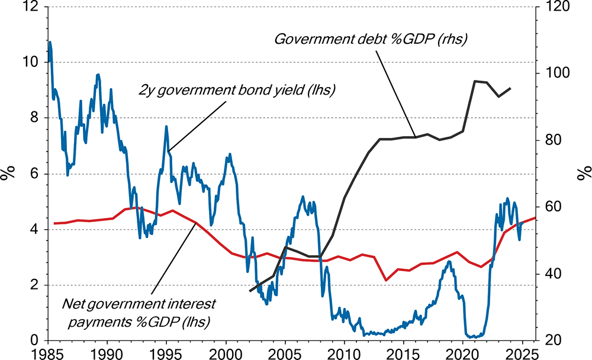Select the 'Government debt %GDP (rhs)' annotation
point(371,40)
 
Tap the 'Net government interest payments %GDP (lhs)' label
point(139,313)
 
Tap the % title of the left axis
point(8,173)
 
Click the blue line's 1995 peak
point(166,126)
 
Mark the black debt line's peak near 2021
point(475,81)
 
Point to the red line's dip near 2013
point(387,280)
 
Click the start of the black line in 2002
point(250,291)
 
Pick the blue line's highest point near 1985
point(50,42)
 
